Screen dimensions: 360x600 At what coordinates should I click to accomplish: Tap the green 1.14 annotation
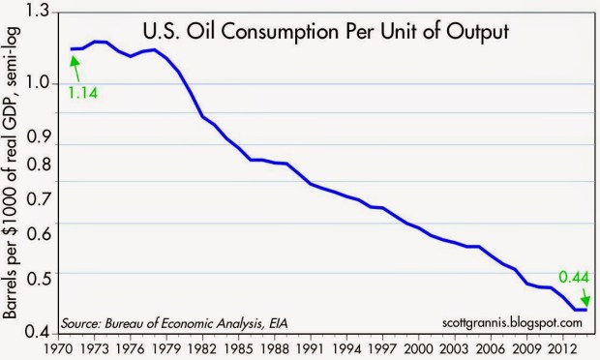pyautogui.click(x=83, y=93)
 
